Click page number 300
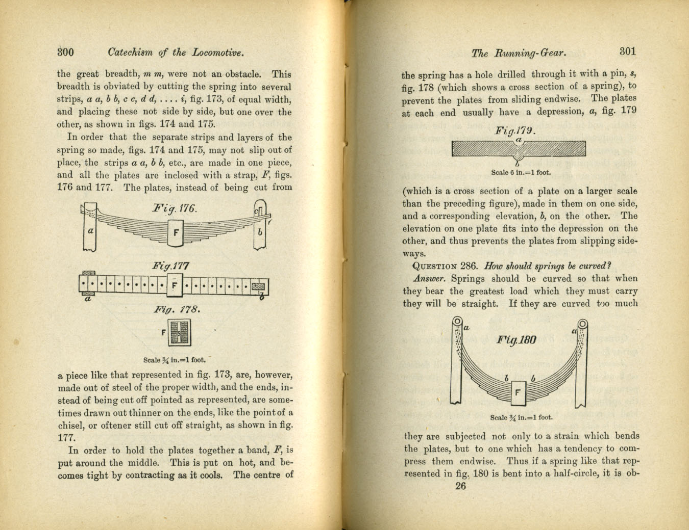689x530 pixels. tap(65, 51)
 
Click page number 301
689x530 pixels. tap(627, 51)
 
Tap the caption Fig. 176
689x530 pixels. tap(175, 209)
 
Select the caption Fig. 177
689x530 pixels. tap(171, 266)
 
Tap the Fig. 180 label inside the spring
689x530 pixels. tap(516, 340)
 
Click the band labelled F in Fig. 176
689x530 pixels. tap(176, 233)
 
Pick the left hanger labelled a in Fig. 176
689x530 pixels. tap(91, 229)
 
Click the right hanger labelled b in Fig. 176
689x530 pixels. tap(260, 230)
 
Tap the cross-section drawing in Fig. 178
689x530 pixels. tap(179, 333)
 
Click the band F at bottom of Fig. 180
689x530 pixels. tap(518, 392)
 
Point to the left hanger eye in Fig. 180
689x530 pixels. tap(458, 322)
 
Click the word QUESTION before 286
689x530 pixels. tap(434, 266)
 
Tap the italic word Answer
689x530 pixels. tap(429, 279)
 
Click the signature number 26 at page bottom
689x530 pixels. tap(460, 486)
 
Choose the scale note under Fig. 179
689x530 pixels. tap(521, 172)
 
